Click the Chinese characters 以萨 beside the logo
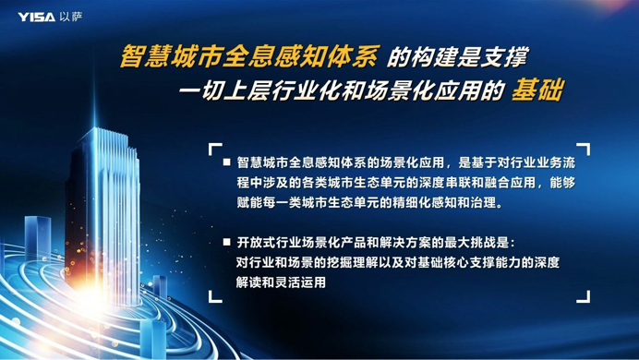(70, 16)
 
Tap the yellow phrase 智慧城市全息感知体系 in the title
(248, 57)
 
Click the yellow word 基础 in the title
(538, 90)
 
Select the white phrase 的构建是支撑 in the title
(456, 57)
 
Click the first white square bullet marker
(227, 162)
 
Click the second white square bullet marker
(227, 242)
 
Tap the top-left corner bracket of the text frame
(214, 149)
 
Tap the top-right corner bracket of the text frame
(584, 149)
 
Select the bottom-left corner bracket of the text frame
(214, 296)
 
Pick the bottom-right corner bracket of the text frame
(584, 296)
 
